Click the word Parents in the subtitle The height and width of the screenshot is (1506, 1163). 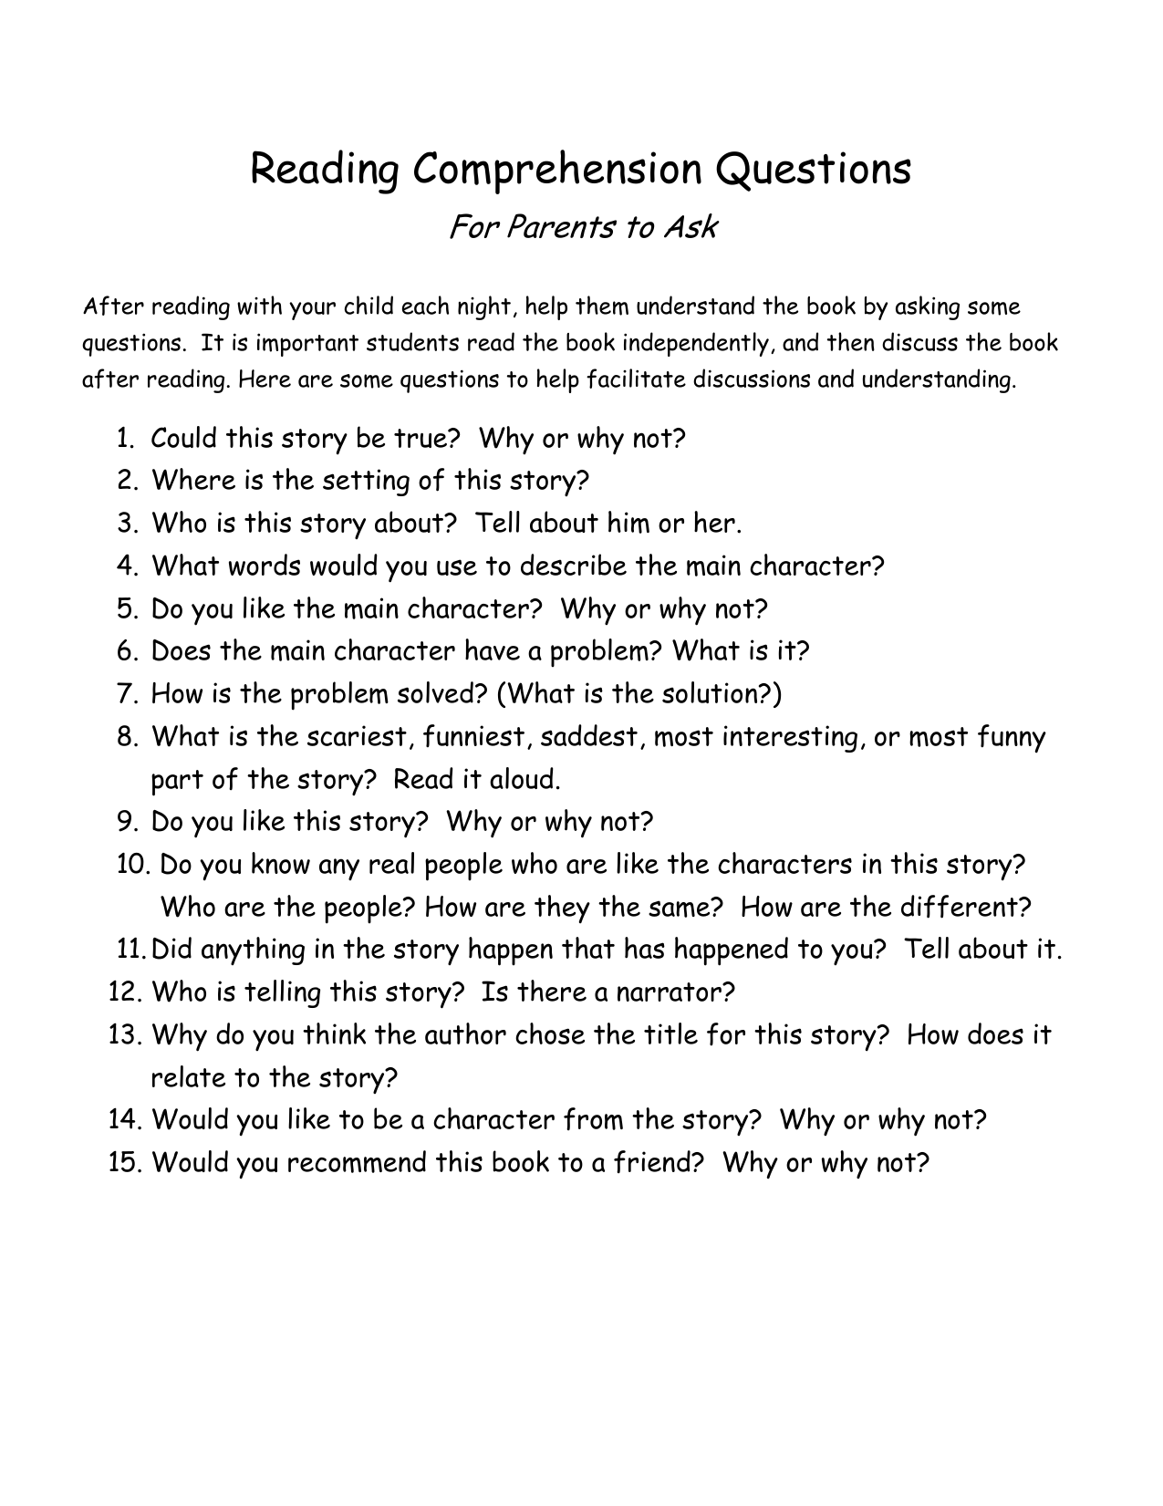[557, 226]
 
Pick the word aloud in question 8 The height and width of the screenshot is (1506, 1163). [522, 780]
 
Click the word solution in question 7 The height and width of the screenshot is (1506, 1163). [713, 694]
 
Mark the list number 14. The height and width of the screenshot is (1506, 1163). [124, 1120]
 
